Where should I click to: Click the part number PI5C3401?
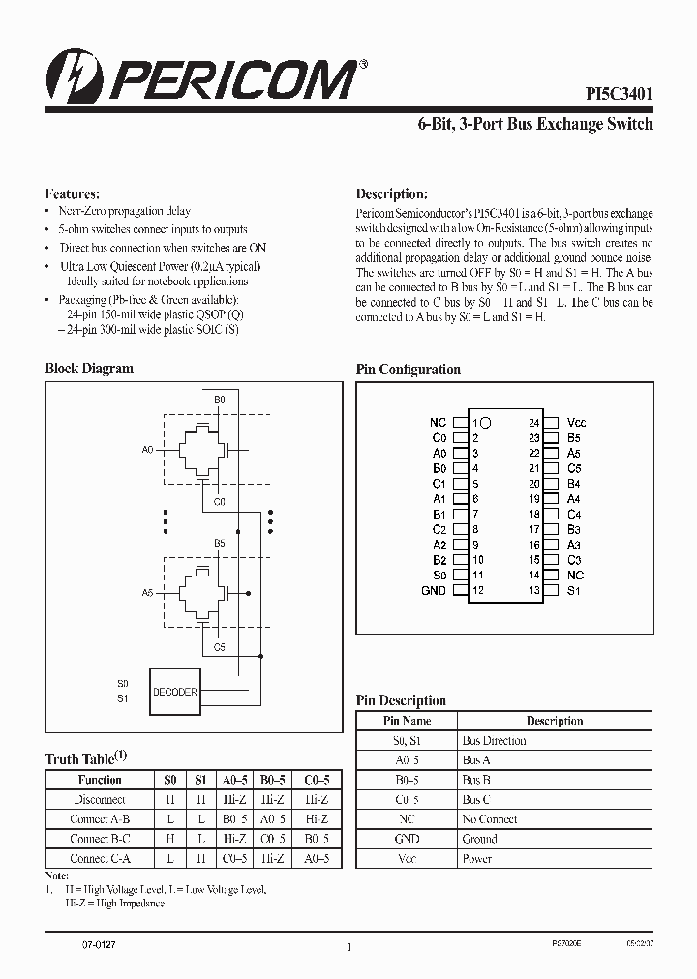pyautogui.click(x=619, y=94)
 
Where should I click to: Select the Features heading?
pyautogui.click(x=73, y=193)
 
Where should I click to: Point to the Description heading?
pyautogui.click(x=391, y=193)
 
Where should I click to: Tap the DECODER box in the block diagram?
pyautogui.click(x=175, y=692)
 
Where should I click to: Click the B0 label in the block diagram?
pyautogui.click(x=220, y=399)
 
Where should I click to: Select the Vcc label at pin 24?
pyautogui.click(x=576, y=423)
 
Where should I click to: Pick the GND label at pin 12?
pyautogui.click(x=435, y=590)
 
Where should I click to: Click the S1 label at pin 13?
pyautogui.click(x=573, y=590)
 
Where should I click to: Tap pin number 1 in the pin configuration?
pyautogui.click(x=475, y=423)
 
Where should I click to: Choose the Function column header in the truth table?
pyautogui.click(x=100, y=780)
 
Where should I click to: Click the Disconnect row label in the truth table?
pyautogui.click(x=100, y=800)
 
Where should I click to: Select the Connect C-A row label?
pyautogui.click(x=100, y=859)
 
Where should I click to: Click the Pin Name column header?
pyautogui.click(x=408, y=721)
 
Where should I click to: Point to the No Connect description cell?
pyautogui.click(x=489, y=819)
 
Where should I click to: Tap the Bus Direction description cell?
pyautogui.click(x=495, y=741)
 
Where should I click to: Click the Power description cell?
pyautogui.click(x=478, y=858)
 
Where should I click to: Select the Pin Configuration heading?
pyautogui.click(x=408, y=370)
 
